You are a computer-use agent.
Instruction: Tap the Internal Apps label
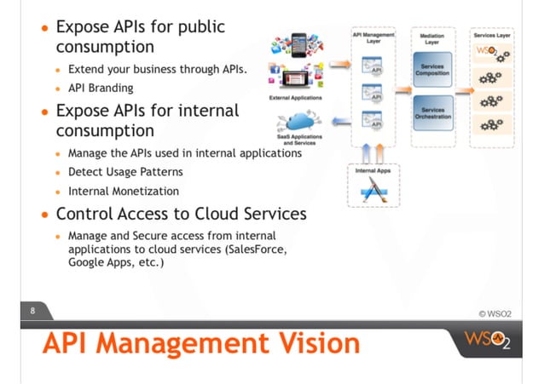click(373, 171)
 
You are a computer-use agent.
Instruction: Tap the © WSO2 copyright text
click(502, 313)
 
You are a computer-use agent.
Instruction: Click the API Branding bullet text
click(101, 87)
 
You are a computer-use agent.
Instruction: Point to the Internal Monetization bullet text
click(124, 191)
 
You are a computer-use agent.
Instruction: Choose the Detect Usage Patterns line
click(125, 172)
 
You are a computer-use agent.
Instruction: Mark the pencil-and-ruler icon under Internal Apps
click(372, 192)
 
